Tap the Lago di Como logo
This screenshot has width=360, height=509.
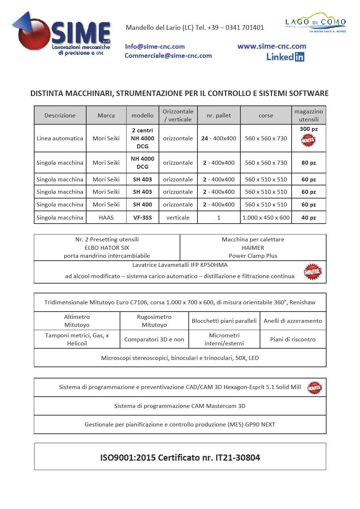[x=315, y=23]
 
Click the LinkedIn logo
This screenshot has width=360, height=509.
[x=285, y=57]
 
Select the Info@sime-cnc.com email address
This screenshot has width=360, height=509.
[x=155, y=47]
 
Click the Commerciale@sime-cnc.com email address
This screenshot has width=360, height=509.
[x=168, y=56]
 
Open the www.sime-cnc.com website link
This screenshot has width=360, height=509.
[x=272, y=46]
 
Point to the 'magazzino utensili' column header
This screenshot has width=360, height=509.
[x=308, y=115]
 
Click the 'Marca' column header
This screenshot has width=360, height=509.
[x=106, y=115]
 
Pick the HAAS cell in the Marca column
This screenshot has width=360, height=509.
[x=106, y=217]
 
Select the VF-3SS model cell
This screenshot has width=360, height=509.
[x=142, y=217]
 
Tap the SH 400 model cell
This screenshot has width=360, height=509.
[x=142, y=204]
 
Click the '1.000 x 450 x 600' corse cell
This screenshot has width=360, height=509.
[x=266, y=217]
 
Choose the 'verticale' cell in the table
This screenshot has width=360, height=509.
[x=178, y=217]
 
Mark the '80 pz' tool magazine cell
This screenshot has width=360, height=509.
[x=308, y=163]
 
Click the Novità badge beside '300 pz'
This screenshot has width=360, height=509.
[x=308, y=140]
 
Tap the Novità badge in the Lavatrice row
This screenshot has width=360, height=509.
[x=312, y=272]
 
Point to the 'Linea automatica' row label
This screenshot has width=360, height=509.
[x=60, y=138]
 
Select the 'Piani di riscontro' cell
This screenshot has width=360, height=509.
[x=293, y=339]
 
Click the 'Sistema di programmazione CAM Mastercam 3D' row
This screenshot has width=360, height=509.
[x=180, y=406]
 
